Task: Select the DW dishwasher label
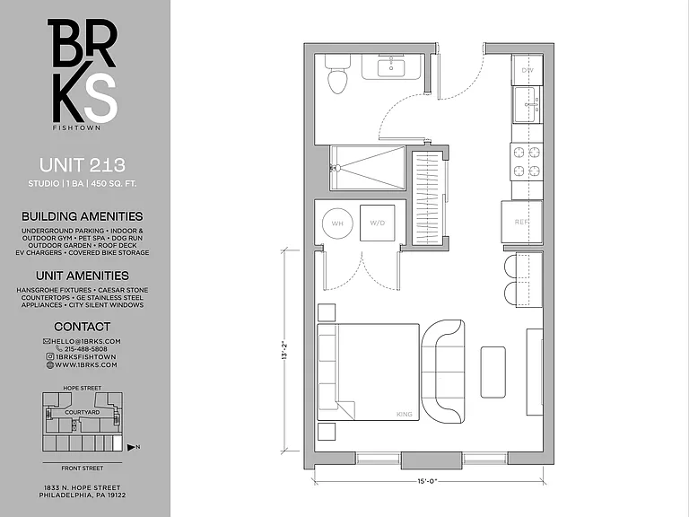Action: [528, 70]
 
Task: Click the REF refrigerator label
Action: [521, 222]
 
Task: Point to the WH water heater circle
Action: [337, 223]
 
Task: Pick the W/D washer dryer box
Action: [377, 223]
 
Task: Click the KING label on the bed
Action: [405, 414]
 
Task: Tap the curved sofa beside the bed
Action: [443, 372]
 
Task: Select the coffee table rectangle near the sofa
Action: [493, 372]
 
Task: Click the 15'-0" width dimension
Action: [428, 481]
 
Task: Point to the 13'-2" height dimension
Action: [284, 350]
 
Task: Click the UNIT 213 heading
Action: [83, 165]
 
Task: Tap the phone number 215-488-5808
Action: [86, 349]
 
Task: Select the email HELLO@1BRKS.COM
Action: [86, 341]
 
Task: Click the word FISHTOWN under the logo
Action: [76, 128]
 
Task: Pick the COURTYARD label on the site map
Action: [83, 412]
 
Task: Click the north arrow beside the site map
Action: [131, 448]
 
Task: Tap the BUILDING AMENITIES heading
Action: [83, 216]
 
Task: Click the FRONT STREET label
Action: [83, 469]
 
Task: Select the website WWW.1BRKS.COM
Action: [86, 364]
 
